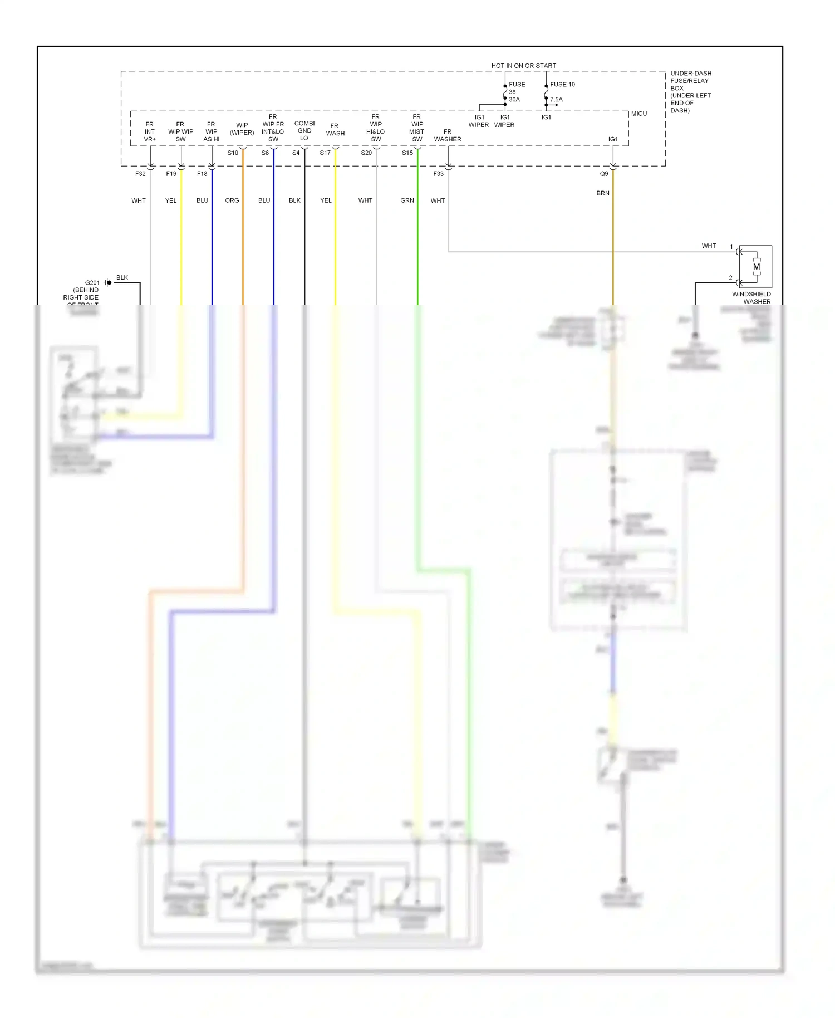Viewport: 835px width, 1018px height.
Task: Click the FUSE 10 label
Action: point(562,85)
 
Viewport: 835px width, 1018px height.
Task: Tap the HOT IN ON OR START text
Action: point(523,66)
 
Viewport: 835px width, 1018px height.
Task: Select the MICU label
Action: point(638,114)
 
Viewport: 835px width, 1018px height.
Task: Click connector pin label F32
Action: point(140,174)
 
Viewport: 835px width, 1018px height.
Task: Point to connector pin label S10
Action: point(233,153)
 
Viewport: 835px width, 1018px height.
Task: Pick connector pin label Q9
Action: point(604,174)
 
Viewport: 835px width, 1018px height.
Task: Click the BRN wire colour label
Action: point(603,193)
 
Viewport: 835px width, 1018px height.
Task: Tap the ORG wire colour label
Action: point(232,200)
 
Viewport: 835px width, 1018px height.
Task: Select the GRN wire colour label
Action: point(407,200)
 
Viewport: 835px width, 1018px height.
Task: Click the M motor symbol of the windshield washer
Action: point(757,267)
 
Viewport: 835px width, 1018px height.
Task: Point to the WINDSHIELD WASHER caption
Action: point(751,298)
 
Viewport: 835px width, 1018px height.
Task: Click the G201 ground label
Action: point(92,283)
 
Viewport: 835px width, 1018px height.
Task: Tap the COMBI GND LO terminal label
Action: point(304,131)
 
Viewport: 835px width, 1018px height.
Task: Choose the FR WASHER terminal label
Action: point(448,135)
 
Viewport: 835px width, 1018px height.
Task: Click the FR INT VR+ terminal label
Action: point(150,132)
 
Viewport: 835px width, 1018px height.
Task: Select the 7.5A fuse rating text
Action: point(556,100)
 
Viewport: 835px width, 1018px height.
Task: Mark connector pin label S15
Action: point(407,153)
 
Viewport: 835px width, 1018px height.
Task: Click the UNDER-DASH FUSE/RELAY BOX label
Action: point(690,92)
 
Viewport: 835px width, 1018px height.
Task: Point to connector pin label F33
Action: point(439,174)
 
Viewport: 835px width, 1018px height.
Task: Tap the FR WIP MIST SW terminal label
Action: point(417,128)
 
